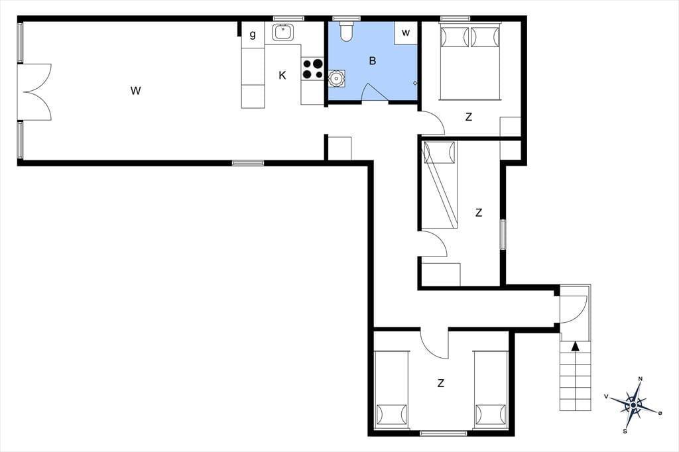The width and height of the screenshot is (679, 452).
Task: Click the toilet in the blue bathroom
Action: pyautogui.click(x=346, y=32)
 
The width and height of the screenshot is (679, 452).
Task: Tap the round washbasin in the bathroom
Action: pyautogui.click(x=336, y=79)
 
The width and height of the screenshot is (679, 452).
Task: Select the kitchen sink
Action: pyautogui.click(x=282, y=32)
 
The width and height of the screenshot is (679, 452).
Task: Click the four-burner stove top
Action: pyautogui.click(x=313, y=69)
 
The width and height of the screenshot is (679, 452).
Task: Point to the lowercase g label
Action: pyautogui.click(x=253, y=34)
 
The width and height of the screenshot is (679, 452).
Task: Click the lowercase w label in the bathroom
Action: pyautogui.click(x=406, y=33)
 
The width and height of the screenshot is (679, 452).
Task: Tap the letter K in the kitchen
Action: pyautogui.click(x=282, y=76)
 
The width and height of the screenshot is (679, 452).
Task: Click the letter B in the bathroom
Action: pyautogui.click(x=373, y=61)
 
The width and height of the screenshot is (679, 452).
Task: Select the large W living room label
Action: pyautogui.click(x=135, y=91)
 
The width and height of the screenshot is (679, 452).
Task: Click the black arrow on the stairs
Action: pyautogui.click(x=575, y=346)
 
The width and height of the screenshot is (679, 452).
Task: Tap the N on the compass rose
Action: pyautogui.click(x=641, y=379)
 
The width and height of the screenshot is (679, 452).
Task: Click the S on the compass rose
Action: pyautogui.click(x=625, y=431)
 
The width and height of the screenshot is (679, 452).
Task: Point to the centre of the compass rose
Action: pyautogui.click(x=633, y=405)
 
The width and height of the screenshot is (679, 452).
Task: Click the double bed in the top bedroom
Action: pyautogui.click(x=470, y=62)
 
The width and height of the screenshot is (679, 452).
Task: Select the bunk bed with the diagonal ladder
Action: pyautogui.click(x=440, y=185)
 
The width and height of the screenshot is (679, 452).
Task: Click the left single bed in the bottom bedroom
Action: pyautogui.click(x=392, y=390)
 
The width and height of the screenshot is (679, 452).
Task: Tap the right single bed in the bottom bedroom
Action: pyautogui.click(x=491, y=390)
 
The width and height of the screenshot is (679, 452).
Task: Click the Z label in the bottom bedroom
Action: pyautogui.click(x=441, y=383)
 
